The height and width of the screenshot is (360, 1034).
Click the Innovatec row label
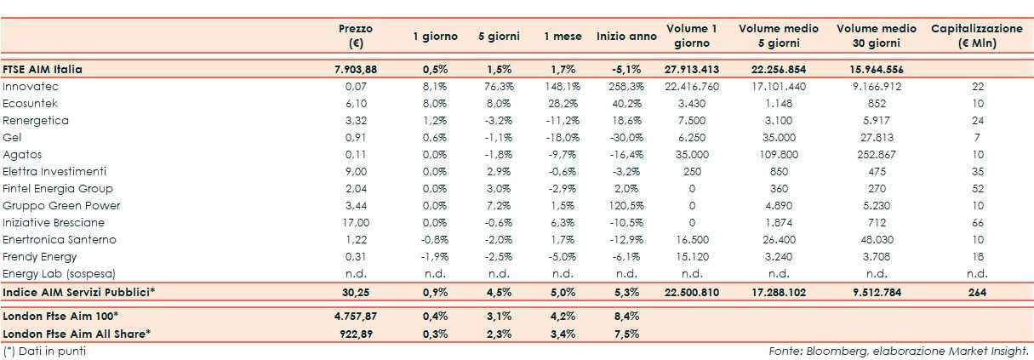click(x=30, y=87)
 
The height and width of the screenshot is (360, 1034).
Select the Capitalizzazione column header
click(x=976, y=36)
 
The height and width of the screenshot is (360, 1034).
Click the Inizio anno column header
click(x=626, y=37)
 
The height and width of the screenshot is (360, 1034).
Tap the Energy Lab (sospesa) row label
click(x=58, y=274)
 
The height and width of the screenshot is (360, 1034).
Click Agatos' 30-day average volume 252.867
click(x=876, y=155)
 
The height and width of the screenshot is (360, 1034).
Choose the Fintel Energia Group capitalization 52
click(x=977, y=189)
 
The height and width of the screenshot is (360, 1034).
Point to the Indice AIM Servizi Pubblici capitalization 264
click(x=977, y=292)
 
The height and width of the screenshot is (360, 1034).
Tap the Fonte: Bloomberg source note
click(x=899, y=351)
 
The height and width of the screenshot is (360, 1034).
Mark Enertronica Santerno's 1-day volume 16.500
click(x=691, y=240)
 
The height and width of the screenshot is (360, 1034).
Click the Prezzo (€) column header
click(x=355, y=36)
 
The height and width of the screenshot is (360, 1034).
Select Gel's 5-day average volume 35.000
click(x=779, y=138)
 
